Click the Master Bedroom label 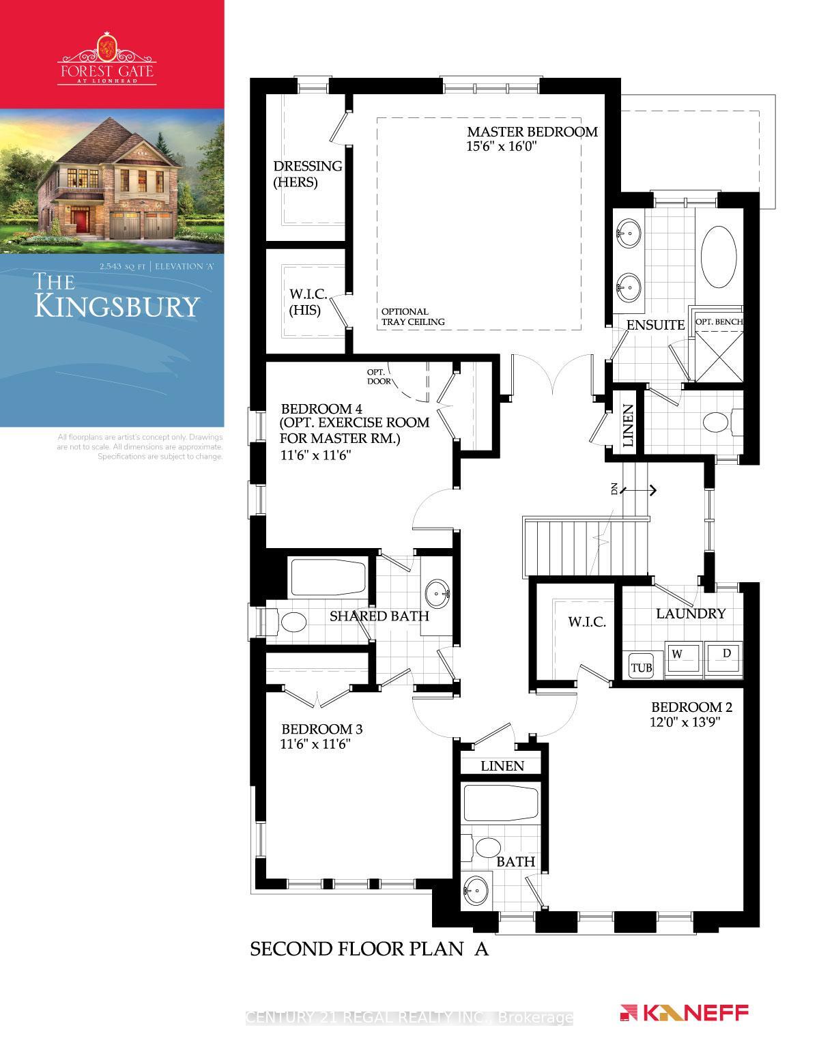tap(532, 132)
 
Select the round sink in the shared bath tap(437, 592)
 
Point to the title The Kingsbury tap(116, 298)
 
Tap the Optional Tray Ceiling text tap(413, 317)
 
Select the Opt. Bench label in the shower tap(718, 321)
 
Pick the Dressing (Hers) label tap(308, 174)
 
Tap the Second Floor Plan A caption tap(370, 949)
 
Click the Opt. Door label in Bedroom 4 tap(379, 376)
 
